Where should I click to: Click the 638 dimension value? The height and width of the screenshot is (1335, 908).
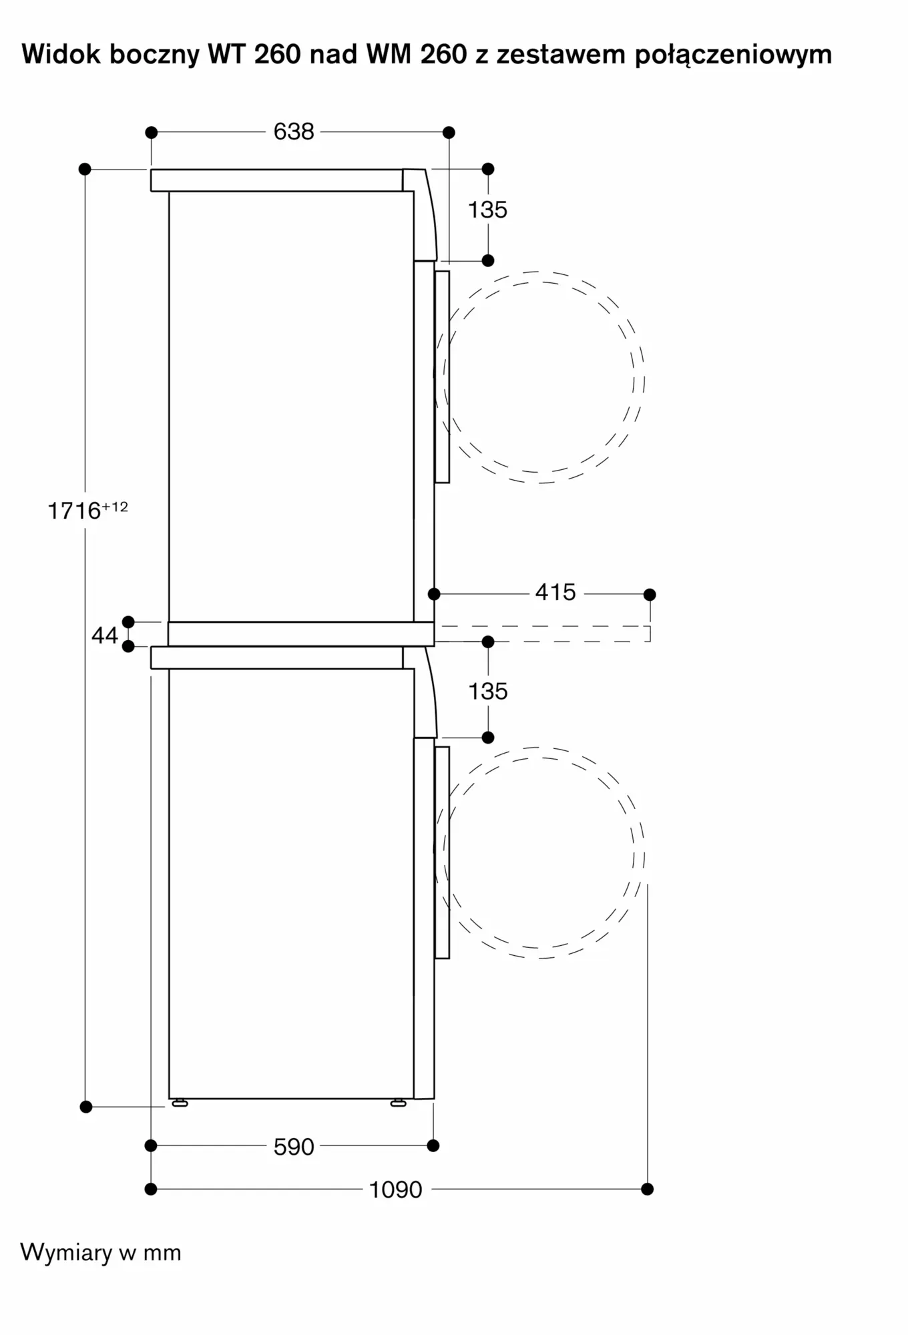tap(294, 131)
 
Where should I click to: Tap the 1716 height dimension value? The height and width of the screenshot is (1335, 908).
tap(74, 511)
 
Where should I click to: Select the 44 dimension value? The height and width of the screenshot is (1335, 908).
tap(105, 635)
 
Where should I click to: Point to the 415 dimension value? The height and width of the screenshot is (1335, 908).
tap(555, 592)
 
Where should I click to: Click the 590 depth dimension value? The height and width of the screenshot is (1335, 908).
tap(294, 1147)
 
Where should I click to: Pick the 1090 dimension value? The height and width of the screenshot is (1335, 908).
tap(396, 1189)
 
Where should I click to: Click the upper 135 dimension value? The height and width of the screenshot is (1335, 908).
tap(487, 210)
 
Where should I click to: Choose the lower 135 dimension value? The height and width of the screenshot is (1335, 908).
tap(487, 691)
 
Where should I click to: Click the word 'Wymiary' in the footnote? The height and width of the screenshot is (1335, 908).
tap(66, 1253)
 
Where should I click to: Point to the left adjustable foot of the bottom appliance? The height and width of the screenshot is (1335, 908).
tap(180, 1103)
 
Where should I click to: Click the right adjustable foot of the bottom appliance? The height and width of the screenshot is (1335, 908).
tap(399, 1103)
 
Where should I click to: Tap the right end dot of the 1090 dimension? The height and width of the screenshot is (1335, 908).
tap(647, 1189)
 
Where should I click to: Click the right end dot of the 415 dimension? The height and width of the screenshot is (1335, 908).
tap(650, 594)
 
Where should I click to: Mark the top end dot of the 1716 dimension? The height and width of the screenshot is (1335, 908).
tap(85, 169)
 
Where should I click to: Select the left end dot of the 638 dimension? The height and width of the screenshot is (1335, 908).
tap(152, 132)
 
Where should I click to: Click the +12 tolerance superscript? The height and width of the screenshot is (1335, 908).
tap(115, 507)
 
